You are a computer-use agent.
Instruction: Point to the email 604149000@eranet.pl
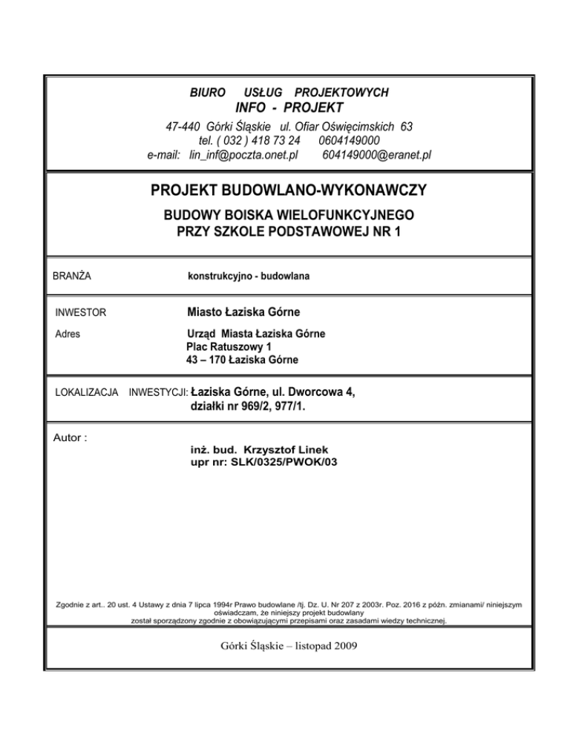[378, 155]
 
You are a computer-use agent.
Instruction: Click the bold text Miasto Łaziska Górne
[243, 312]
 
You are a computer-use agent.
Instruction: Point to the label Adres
[69, 334]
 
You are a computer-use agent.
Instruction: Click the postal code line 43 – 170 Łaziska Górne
[242, 360]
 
